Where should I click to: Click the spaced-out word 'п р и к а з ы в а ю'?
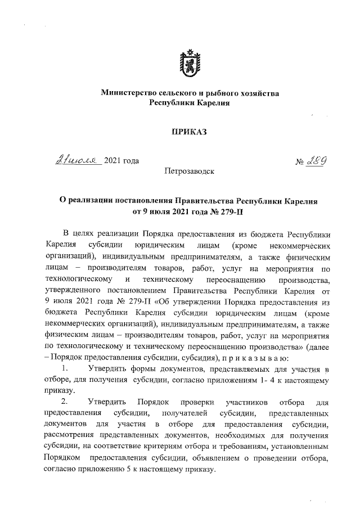tap(258, 358)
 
